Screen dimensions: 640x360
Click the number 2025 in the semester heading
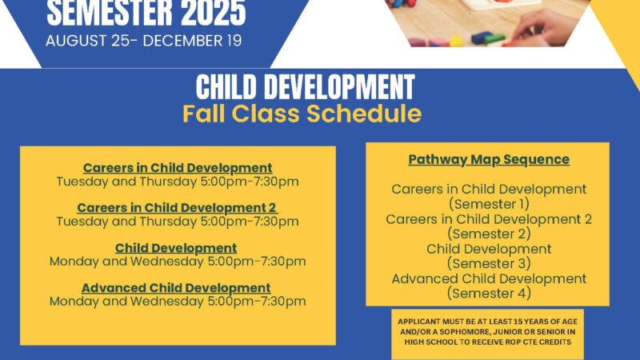(x=212, y=13)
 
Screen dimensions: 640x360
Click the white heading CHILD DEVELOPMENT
(x=305, y=87)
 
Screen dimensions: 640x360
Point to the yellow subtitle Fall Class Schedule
(x=302, y=114)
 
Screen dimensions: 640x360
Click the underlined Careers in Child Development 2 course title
(x=177, y=208)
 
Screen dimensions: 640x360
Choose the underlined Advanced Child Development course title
(x=176, y=288)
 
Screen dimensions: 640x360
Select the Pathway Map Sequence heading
(x=489, y=159)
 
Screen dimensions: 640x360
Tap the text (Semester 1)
(x=489, y=204)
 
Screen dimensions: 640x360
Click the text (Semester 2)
(x=489, y=234)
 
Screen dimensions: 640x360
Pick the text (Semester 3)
(x=489, y=263)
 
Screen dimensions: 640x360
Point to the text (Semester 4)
(x=489, y=293)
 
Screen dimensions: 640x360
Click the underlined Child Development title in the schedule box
(x=176, y=248)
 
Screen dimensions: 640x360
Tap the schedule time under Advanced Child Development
(x=178, y=302)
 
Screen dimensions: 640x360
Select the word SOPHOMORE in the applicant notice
(x=470, y=332)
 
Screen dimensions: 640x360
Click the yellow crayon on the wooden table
(x=455, y=41)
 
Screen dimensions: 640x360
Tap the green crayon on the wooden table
(x=494, y=40)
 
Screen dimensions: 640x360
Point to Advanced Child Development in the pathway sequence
(x=489, y=278)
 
